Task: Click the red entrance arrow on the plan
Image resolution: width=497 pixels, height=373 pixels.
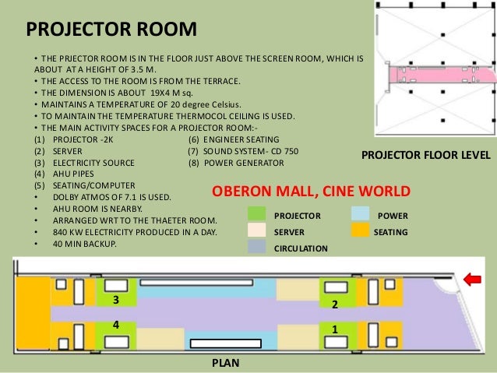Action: pos(472,280)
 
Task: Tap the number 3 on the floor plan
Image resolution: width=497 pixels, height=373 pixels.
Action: pos(116,300)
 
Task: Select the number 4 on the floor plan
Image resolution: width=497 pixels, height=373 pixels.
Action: pos(116,325)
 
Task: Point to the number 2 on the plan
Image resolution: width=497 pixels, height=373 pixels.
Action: pos(335,304)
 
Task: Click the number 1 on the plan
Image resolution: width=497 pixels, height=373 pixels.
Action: pos(335,329)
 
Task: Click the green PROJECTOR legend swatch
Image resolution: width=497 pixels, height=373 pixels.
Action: pos(257,214)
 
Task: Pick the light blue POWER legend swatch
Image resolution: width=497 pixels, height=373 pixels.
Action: pos(361,214)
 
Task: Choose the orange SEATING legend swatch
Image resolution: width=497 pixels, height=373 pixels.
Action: pos(361,230)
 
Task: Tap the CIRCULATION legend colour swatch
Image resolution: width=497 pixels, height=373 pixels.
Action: pos(257,247)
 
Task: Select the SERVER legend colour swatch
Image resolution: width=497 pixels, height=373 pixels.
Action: pos(257,230)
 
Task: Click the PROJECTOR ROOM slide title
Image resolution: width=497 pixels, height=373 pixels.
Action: pos(111,29)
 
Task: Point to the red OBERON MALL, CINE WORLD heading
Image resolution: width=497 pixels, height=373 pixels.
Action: pos(312,191)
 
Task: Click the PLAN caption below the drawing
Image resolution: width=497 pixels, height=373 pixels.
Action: pos(226,363)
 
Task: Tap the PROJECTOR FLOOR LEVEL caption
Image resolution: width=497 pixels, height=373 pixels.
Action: pos(426,155)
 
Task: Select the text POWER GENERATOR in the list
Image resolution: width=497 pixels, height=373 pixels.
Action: pos(244,163)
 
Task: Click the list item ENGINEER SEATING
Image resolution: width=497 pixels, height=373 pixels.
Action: pos(241,139)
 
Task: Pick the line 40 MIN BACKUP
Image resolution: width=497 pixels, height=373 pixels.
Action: pos(85,244)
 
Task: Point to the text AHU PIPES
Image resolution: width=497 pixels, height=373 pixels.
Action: pos(73,174)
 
